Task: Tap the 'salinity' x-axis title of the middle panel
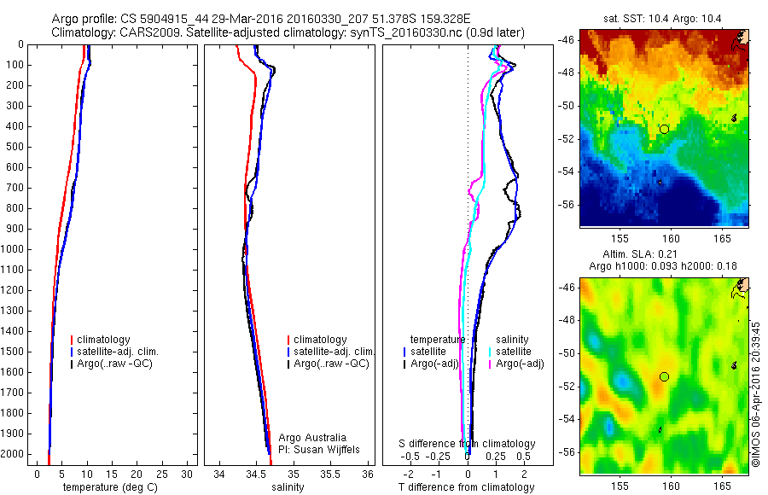click(x=288, y=487)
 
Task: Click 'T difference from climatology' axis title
click(x=467, y=487)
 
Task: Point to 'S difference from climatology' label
click(x=468, y=444)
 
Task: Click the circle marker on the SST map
click(x=664, y=129)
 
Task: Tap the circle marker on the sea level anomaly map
click(x=664, y=376)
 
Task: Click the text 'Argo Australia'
click(x=313, y=438)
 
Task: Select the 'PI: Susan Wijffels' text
click(x=317, y=450)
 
